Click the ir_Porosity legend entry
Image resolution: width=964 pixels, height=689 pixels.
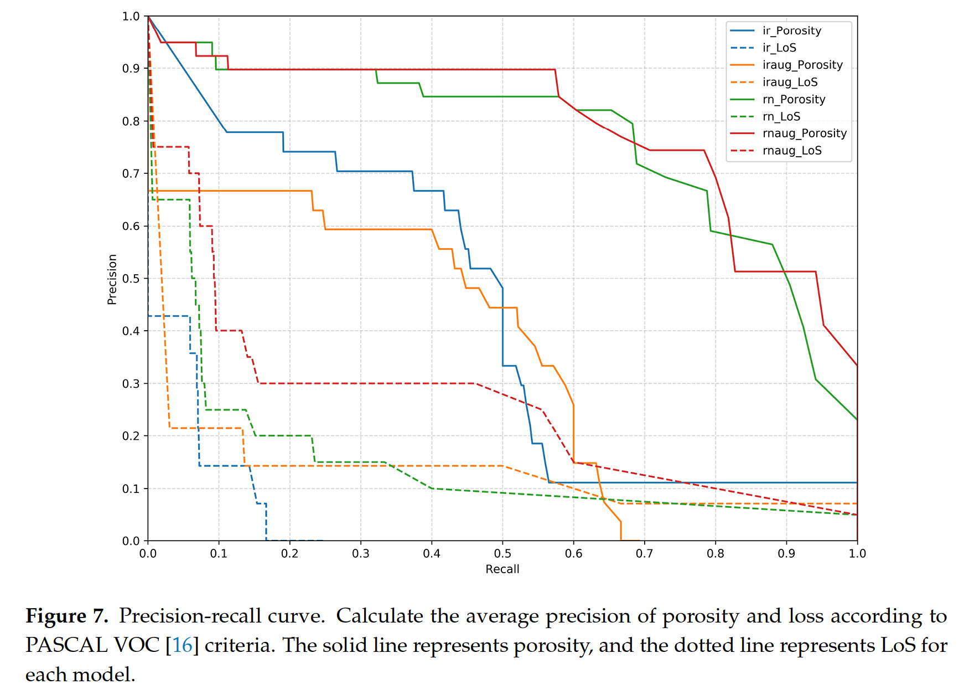point(791,31)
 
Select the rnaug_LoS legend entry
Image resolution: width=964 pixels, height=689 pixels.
point(792,151)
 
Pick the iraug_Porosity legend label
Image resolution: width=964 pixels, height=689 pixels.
point(802,65)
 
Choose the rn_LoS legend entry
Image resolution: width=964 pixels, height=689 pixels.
point(781,116)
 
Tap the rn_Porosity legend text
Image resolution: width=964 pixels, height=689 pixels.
point(794,100)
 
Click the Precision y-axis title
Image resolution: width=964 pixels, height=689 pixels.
point(112,279)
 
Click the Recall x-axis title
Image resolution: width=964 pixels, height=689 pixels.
point(502,569)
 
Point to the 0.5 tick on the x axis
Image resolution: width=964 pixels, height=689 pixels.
point(502,553)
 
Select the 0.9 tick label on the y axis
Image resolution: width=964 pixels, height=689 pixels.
point(131,69)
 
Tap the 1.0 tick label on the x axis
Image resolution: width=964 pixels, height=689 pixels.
point(857,553)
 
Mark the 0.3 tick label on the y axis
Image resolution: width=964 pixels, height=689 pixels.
point(131,383)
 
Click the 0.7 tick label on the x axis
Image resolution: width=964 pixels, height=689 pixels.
point(644,553)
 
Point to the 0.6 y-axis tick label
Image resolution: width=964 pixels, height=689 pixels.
point(131,226)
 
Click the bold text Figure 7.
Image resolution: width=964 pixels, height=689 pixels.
point(66,616)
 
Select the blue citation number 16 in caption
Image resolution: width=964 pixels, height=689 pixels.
point(182,645)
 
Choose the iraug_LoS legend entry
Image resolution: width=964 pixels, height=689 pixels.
point(790,83)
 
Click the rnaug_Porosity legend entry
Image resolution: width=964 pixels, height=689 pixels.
point(804,133)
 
